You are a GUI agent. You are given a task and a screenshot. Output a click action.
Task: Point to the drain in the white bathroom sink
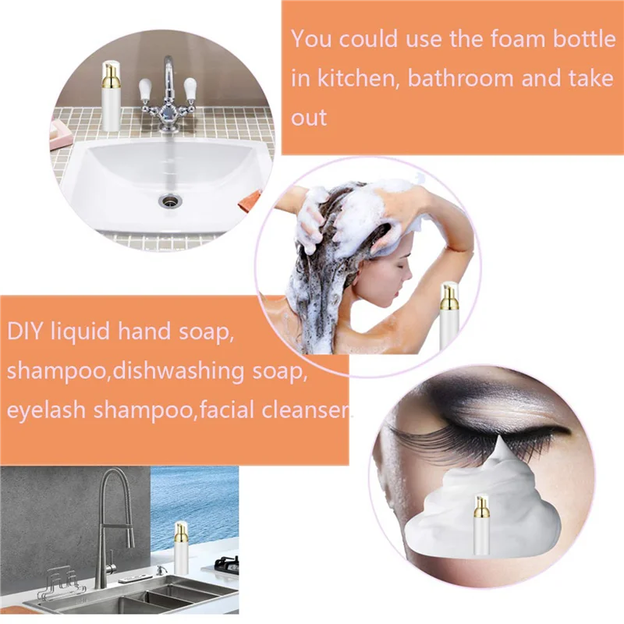tap(166, 201)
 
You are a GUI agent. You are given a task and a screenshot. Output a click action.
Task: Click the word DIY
tap(27, 331)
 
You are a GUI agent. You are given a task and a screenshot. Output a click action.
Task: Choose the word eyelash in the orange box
tap(47, 411)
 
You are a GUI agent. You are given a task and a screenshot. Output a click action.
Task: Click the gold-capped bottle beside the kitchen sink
tap(181, 545)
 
